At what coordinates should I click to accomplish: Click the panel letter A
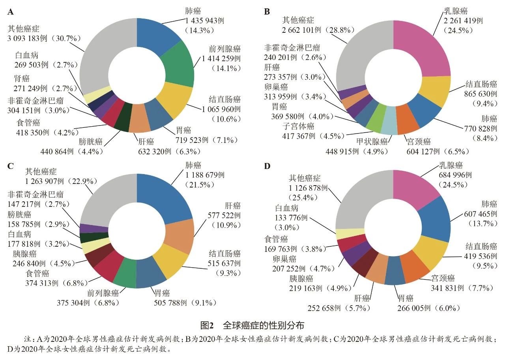click(x=11, y=12)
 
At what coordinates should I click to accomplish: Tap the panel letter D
click(x=267, y=166)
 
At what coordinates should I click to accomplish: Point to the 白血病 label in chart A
click(x=27, y=55)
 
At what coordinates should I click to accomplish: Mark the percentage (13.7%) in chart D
click(x=480, y=223)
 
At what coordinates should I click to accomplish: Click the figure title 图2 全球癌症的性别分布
click(x=252, y=326)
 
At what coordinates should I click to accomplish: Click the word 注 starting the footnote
click(x=27, y=339)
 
